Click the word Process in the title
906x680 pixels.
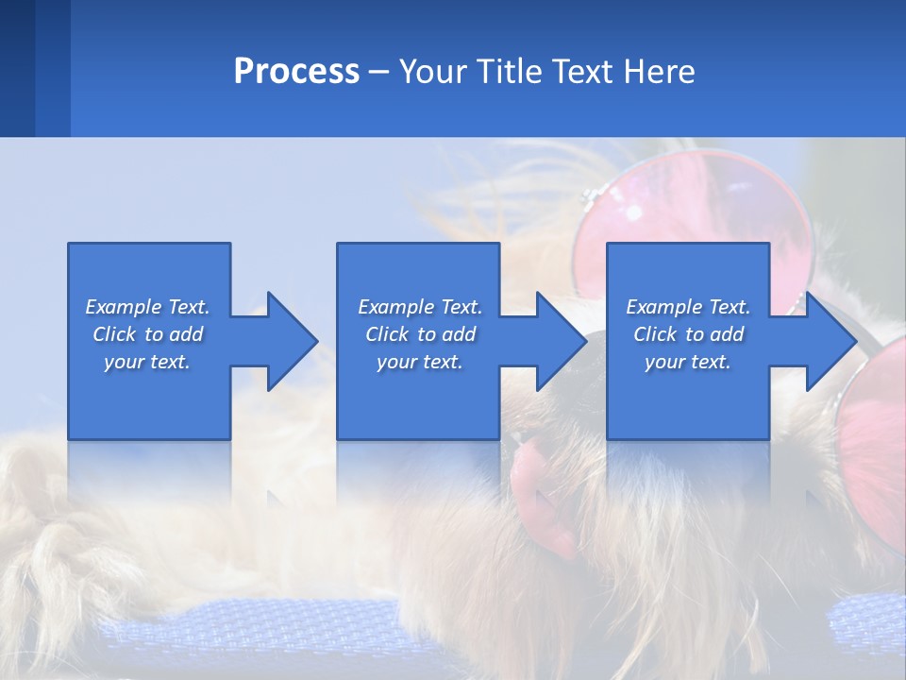tap(296, 72)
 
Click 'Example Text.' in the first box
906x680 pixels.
tap(147, 307)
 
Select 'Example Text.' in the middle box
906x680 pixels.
tap(420, 307)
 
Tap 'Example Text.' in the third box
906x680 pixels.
tap(688, 307)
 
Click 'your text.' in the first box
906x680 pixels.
tap(147, 362)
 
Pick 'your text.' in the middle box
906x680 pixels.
tap(420, 362)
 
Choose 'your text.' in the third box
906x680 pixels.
tap(688, 362)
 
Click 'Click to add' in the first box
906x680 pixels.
tap(147, 334)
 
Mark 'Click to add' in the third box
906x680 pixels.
tap(688, 334)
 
